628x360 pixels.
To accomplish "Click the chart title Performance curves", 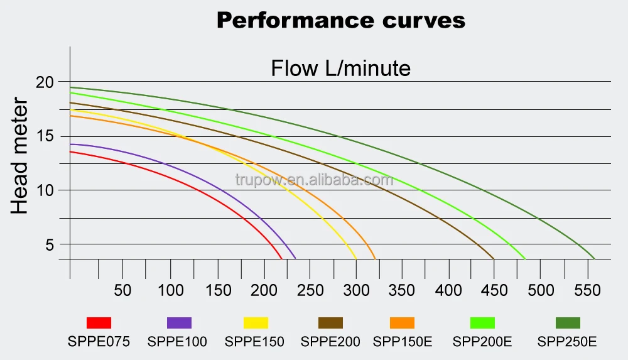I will pos(341,20).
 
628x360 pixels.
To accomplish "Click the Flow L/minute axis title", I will pos(340,68).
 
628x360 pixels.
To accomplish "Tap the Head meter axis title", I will pos(20,156).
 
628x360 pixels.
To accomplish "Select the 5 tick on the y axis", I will pos(50,244).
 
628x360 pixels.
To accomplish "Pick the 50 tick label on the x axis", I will pos(122,290).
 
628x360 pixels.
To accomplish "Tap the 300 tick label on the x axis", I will pos(355,290).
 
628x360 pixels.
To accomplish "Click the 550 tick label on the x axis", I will pos(587,290).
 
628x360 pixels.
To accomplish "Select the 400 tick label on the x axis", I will pos(448,290).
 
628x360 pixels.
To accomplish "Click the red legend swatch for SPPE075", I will pos(99,323).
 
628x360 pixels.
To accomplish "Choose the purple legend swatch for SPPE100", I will pos(179,323).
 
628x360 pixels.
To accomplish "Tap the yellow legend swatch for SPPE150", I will pos(256,323).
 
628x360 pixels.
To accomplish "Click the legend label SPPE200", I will pos(330,342).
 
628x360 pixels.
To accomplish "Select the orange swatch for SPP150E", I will pos(402,323).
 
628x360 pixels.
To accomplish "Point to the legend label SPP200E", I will pos(482,342).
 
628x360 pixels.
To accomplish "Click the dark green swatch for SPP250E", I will pos(568,323).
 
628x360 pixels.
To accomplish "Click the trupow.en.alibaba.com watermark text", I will pos(314,180).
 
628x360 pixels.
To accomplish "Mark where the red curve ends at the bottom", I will pos(281,258).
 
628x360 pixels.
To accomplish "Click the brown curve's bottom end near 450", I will pos(493,258).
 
